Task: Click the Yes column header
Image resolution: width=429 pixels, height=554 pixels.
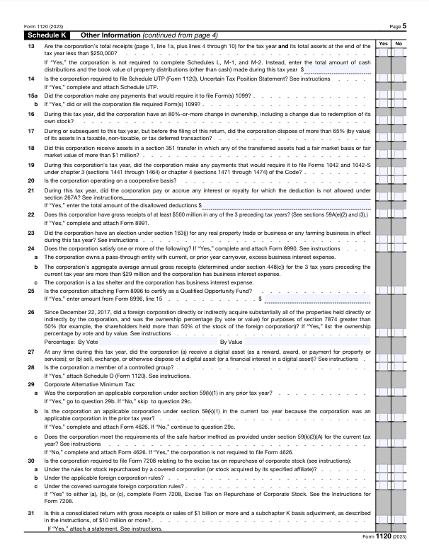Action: pyautogui.click(x=383, y=43)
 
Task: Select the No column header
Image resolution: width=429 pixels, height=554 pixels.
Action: pyautogui.click(x=398, y=43)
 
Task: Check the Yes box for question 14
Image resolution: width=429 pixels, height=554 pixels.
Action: pyautogui.click(x=383, y=79)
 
